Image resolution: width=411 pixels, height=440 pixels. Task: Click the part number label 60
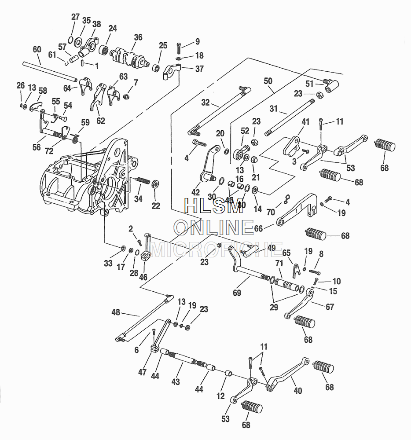[x=37, y=49]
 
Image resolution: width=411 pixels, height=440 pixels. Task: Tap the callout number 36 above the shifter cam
[x=138, y=37]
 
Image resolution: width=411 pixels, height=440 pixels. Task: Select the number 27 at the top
[x=76, y=17]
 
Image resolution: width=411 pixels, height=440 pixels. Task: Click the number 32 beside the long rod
[x=205, y=103]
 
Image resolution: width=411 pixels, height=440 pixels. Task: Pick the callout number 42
[x=195, y=192]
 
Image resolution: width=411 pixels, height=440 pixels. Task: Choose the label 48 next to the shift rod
[x=116, y=312]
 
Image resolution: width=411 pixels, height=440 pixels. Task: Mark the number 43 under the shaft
[x=176, y=382]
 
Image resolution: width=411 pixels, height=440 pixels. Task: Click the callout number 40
[x=298, y=390]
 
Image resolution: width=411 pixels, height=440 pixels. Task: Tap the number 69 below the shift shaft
[x=237, y=293]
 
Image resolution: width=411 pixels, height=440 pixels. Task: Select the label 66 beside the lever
[x=258, y=228]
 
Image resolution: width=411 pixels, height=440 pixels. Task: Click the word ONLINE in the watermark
[x=213, y=227]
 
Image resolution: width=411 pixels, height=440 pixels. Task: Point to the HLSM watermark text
[x=213, y=205]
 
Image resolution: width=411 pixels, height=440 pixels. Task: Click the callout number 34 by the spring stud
[x=138, y=199]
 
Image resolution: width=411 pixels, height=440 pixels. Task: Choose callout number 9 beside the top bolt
[x=197, y=42]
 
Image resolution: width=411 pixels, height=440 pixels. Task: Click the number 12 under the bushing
[x=221, y=396]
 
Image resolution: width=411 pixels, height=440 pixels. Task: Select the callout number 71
[x=279, y=263]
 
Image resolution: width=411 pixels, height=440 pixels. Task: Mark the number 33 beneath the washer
[x=108, y=263]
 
